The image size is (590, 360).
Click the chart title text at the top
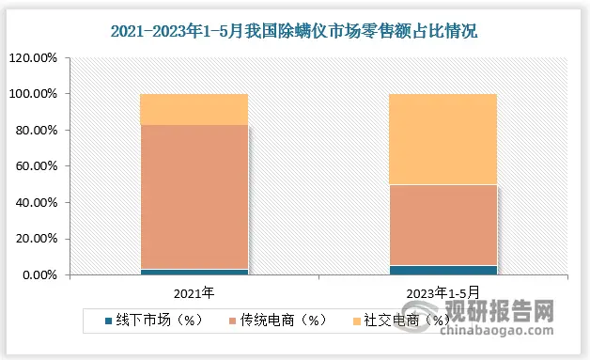pyautogui.click(x=294, y=32)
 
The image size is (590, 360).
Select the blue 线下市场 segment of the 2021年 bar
pyautogui.click(x=194, y=272)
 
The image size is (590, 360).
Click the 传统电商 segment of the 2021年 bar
pyautogui.click(x=194, y=197)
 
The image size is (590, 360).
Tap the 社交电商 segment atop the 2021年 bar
pyautogui.click(x=194, y=109)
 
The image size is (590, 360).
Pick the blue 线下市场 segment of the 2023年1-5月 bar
pyautogui.click(x=443, y=270)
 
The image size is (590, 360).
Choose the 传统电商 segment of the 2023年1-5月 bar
pyautogui.click(x=443, y=226)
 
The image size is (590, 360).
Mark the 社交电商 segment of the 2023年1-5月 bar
pyautogui.click(x=443, y=139)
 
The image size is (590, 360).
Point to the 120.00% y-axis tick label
pyautogui.click(x=34, y=58)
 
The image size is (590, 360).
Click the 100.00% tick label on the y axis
pyautogui.click(x=34, y=94)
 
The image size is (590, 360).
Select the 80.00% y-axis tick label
pyautogui.click(x=37, y=131)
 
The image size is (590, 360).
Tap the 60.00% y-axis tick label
pyautogui.click(x=37, y=166)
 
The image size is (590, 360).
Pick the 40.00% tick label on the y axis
pyautogui.click(x=37, y=203)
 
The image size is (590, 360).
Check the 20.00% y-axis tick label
pyautogui.click(x=37, y=239)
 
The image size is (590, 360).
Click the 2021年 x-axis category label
pyautogui.click(x=194, y=292)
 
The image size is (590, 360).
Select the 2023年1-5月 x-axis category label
pyautogui.click(x=443, y=292)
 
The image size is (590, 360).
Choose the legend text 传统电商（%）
pyautogui.click(x=278, y=320)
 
